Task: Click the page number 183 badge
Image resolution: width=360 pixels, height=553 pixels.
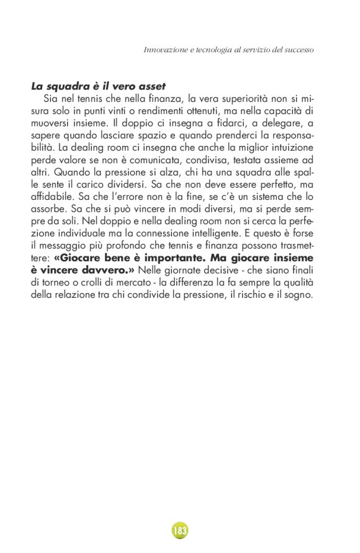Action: pyautogui.click(x=179, y=531)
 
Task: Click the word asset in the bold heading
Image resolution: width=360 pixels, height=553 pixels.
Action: pyautogui.click(x=151, y=86)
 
